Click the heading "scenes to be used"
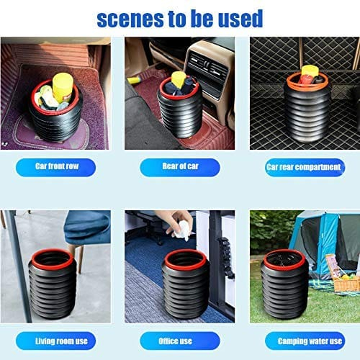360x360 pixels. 179,17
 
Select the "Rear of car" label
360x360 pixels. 179,167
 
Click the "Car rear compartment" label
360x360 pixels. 302,167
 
